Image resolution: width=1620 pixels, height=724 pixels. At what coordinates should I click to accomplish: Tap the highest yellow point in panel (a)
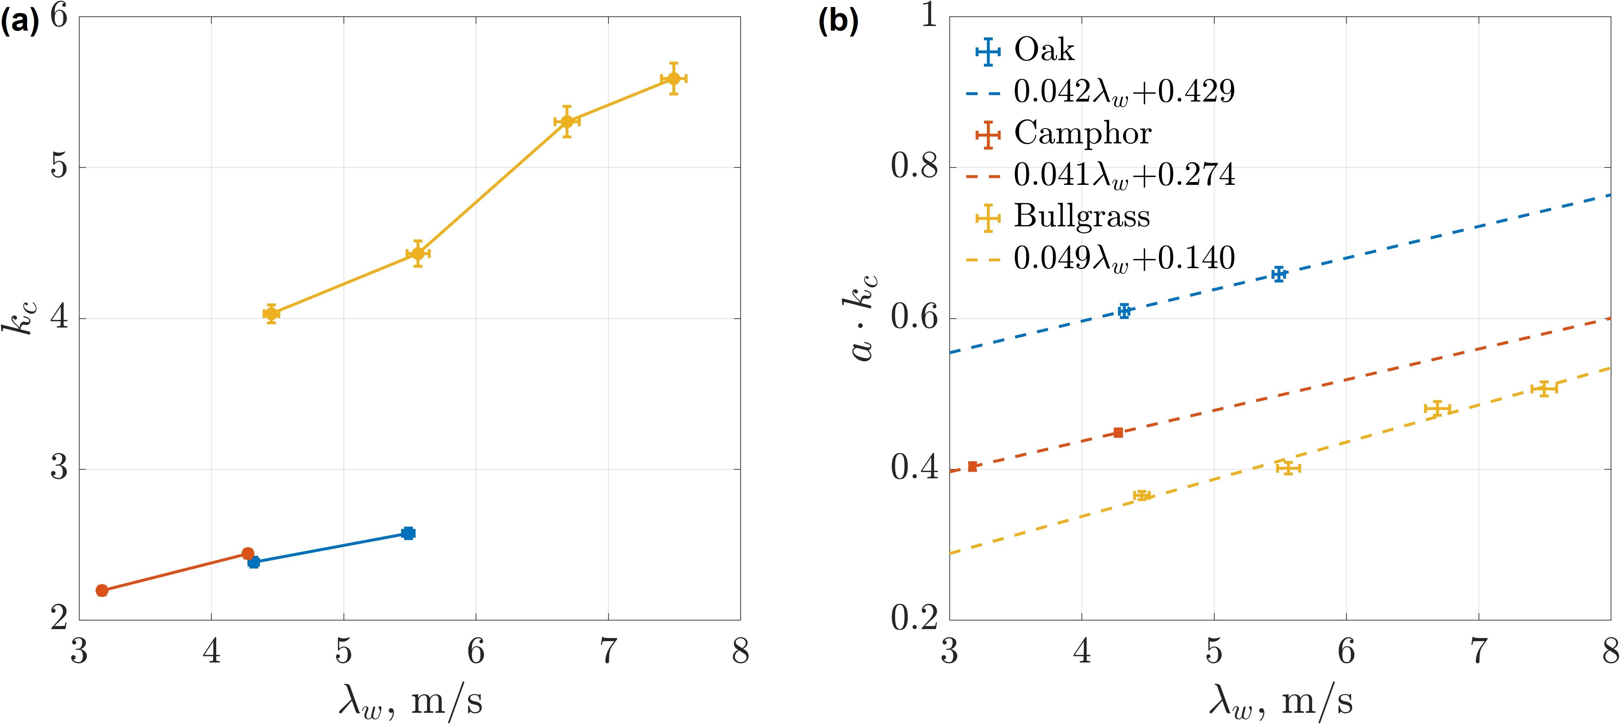(x=674, y=79)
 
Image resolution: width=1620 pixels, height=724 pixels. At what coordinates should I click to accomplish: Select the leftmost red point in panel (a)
(x=102, y=590)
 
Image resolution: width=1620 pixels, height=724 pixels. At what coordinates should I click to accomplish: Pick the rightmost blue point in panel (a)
(x=408, y=534)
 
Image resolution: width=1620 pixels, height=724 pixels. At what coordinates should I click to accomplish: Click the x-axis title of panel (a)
(x=410, y=700)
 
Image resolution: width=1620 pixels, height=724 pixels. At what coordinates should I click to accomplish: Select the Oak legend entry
(x=1044, y=50)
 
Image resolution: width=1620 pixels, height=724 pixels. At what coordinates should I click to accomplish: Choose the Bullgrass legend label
(x=1082, y=216)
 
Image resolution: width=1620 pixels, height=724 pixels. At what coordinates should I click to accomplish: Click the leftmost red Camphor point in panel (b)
(x=972, y=466)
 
